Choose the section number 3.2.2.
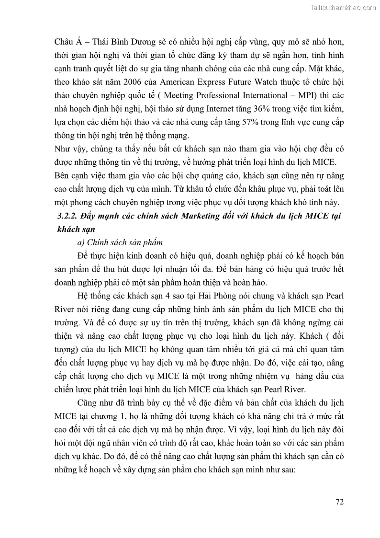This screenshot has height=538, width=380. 67,215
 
